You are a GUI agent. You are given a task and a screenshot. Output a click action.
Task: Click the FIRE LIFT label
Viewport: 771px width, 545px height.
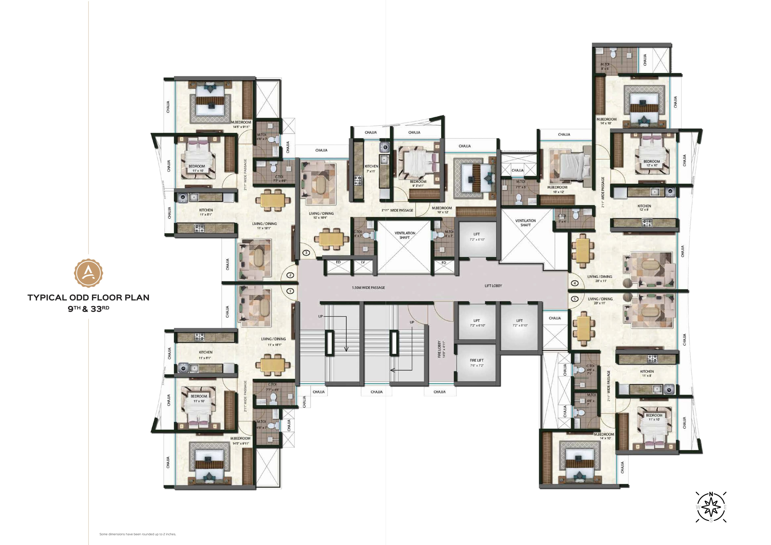tap(476, 362)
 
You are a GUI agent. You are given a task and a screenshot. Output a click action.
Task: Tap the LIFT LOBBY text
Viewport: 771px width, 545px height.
tap(493, 286)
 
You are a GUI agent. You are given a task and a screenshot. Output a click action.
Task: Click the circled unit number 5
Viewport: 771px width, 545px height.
tap(575, 299)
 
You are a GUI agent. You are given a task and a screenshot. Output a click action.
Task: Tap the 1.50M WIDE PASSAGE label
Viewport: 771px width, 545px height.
tap(368, 288)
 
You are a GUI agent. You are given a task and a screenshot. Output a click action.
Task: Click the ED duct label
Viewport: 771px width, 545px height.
tap(338, 262)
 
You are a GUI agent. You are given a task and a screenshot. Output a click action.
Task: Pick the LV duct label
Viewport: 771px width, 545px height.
tap(363, 262)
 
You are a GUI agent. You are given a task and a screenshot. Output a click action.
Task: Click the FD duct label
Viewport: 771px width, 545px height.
tap(444, 263)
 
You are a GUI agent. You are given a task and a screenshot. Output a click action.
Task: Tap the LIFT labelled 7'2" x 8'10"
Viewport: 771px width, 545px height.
tap(519, 323)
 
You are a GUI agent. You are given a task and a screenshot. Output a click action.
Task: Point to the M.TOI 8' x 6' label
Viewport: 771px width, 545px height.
tap(605, 66)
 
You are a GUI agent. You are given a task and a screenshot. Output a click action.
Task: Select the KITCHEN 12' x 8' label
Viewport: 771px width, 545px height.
tap(644, 208)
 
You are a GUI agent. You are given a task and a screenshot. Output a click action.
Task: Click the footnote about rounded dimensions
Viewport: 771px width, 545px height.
tap(138, 534)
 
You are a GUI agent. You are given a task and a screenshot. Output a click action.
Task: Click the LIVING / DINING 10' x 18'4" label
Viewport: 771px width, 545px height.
tap(321, 215)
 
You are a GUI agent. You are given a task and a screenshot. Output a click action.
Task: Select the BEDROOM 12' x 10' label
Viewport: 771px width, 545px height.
tap(652, 163)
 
